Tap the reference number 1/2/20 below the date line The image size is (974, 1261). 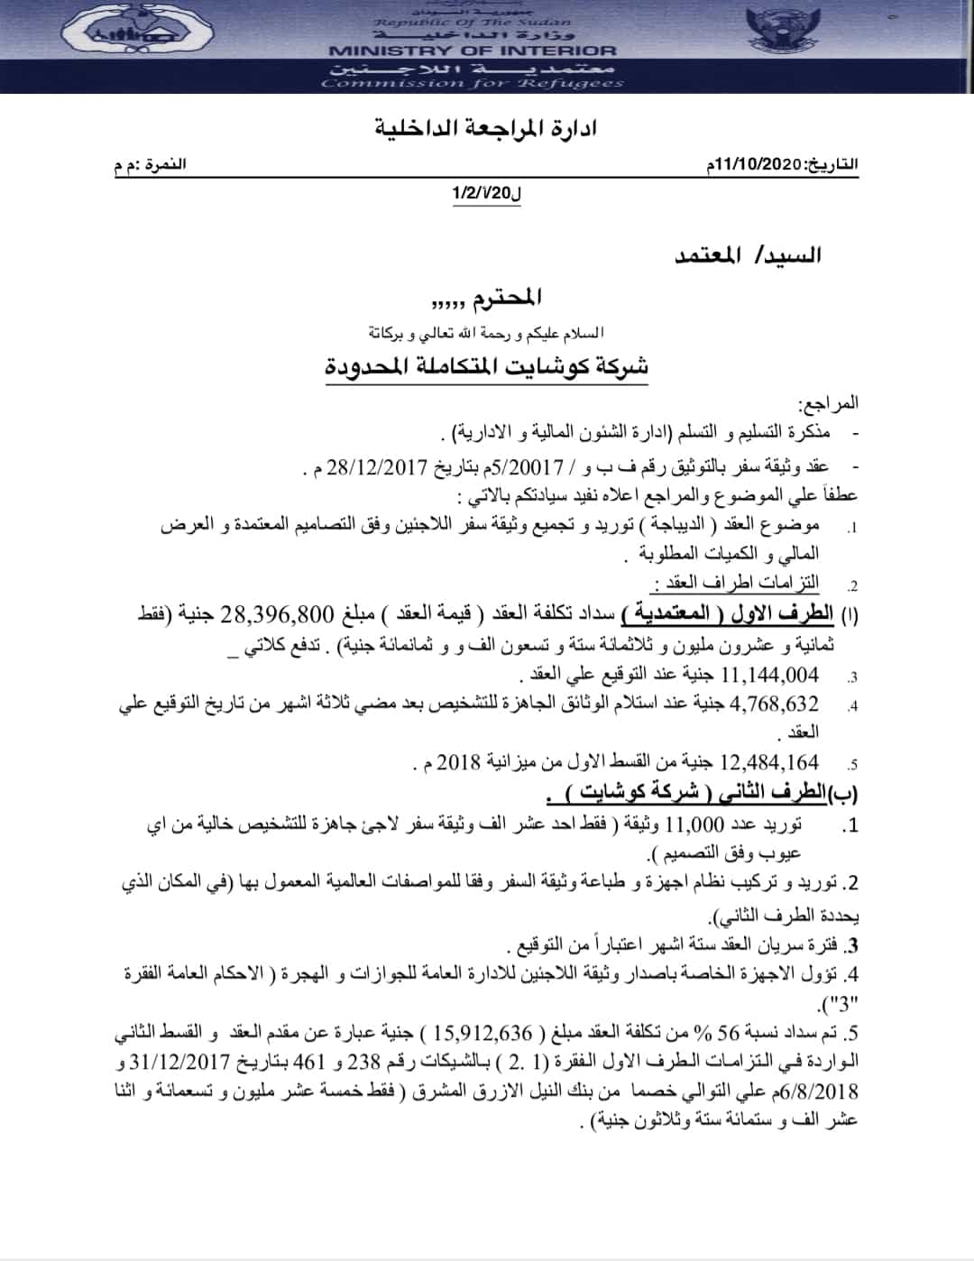[487, 192]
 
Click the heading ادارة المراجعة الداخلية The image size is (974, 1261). [486, 127]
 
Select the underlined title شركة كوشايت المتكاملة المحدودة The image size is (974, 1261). [487, 367]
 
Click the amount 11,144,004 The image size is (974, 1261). [770, 674]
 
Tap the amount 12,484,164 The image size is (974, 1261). [770, 763]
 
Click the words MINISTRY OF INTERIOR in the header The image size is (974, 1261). [473, 51]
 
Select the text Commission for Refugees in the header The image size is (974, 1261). [473, 84]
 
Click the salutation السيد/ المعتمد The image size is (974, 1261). [748, 255]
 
